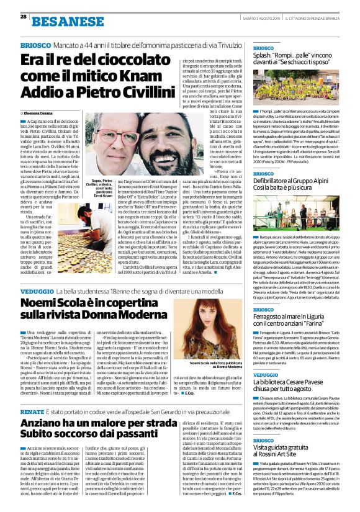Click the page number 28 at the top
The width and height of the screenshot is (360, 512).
(x=24, y=16)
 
